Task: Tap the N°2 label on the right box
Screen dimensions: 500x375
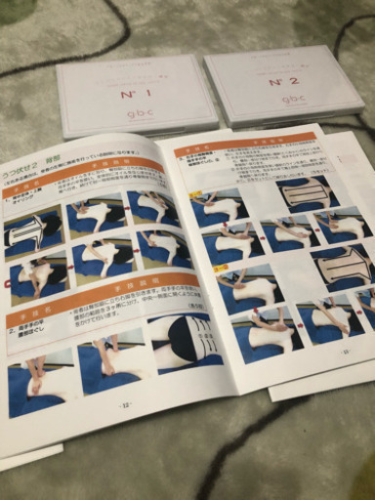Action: (x=284, y=81)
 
